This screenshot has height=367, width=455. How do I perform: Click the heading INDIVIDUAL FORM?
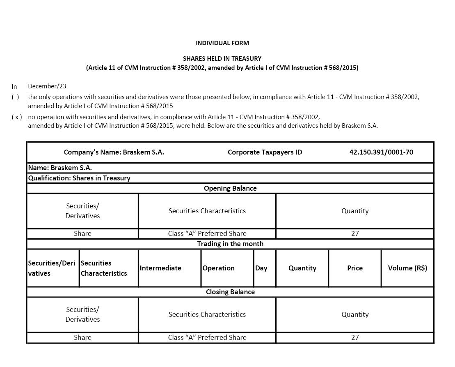(x=222, y=43)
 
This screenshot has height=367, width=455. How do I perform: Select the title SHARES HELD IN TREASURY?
(x=222, y=59)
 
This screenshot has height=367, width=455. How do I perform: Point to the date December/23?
(x=47, y=86)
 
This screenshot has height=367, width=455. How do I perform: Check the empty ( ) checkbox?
(x=15, y=97)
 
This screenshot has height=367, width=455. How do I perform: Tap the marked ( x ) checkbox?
(x=17, y=117)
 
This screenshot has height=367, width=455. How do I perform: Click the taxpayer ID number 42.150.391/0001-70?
(x=381, y=152)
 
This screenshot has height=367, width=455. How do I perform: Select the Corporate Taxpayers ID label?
(x=265, y=152)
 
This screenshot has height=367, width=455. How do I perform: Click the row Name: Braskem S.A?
(x=60, y=168)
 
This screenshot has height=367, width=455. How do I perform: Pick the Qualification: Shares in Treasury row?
(x=79, y=178)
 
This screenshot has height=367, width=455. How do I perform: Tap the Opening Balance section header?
(x=230, y=188)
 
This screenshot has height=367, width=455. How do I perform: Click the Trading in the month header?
(x=230, y=244)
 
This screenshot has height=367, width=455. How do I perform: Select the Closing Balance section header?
(x=230, y=292)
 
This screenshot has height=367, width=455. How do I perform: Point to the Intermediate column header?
(x=160, y=268)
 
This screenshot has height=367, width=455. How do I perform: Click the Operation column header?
(x=218, y=268)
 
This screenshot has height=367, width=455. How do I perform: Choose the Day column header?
(x=261, y=268)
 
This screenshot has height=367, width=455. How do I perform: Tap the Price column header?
(x=355, y=268)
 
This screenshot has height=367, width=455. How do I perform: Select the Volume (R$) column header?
(x=407, y=268)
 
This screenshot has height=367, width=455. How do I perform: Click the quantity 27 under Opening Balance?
(x=355, y=233)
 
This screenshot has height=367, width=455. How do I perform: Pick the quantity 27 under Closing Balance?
(x=355, y=337)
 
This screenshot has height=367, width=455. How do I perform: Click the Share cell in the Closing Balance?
(x=82, y=337)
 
